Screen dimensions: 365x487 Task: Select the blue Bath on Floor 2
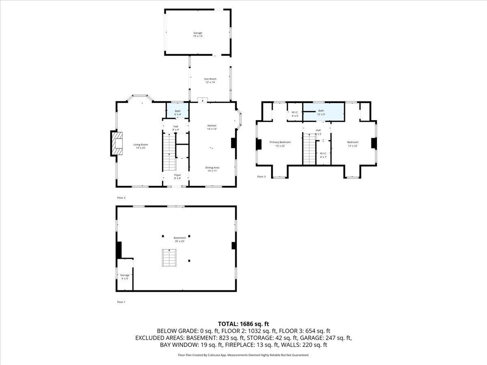coord(178,111)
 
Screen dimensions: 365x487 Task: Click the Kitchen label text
coord(212,126)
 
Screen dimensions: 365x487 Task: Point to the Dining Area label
coord(212,167)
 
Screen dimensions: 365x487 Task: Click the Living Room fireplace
coord(116,143)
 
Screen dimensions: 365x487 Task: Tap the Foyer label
coord(178,175)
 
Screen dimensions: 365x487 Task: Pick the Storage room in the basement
coord(125,277)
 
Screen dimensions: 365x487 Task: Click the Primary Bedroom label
coord(280,142)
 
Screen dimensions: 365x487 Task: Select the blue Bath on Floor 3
coord(324,111)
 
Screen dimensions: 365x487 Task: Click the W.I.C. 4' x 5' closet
coord(295,114)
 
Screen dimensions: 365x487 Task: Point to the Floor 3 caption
coord(261,176)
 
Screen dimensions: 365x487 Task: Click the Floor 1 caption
coord(121,302)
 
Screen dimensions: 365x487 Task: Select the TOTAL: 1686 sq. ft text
coord(243,324)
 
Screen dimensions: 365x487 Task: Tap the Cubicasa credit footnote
coord(243,355)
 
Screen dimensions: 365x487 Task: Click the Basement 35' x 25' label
coord(180,239)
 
